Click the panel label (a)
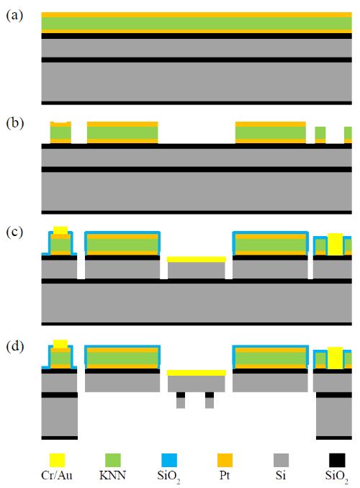tap(14, 16)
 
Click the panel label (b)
tap(14, 123)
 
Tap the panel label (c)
tap(14, 232)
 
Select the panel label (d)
tap(14, 346)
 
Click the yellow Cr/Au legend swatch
tap(57, 461)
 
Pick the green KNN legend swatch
tap(113, 461)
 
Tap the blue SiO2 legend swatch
tap(169, 461)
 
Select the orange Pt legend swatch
tap(225, 461)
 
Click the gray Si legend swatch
tap(281, 461)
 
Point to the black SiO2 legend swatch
tap(337, 461)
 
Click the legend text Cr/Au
tap(57, 475)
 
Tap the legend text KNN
tap(113, 475)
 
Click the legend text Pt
tap(225, 475)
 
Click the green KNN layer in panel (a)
tap(197, 23)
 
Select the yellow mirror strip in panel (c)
tap(197, 259)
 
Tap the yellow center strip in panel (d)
tap(197, 373)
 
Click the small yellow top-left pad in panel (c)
tap(60, 230)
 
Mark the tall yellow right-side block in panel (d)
tap(335, 358)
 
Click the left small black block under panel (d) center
tap(181, 395)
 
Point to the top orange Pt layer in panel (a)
tap(197, 14)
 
